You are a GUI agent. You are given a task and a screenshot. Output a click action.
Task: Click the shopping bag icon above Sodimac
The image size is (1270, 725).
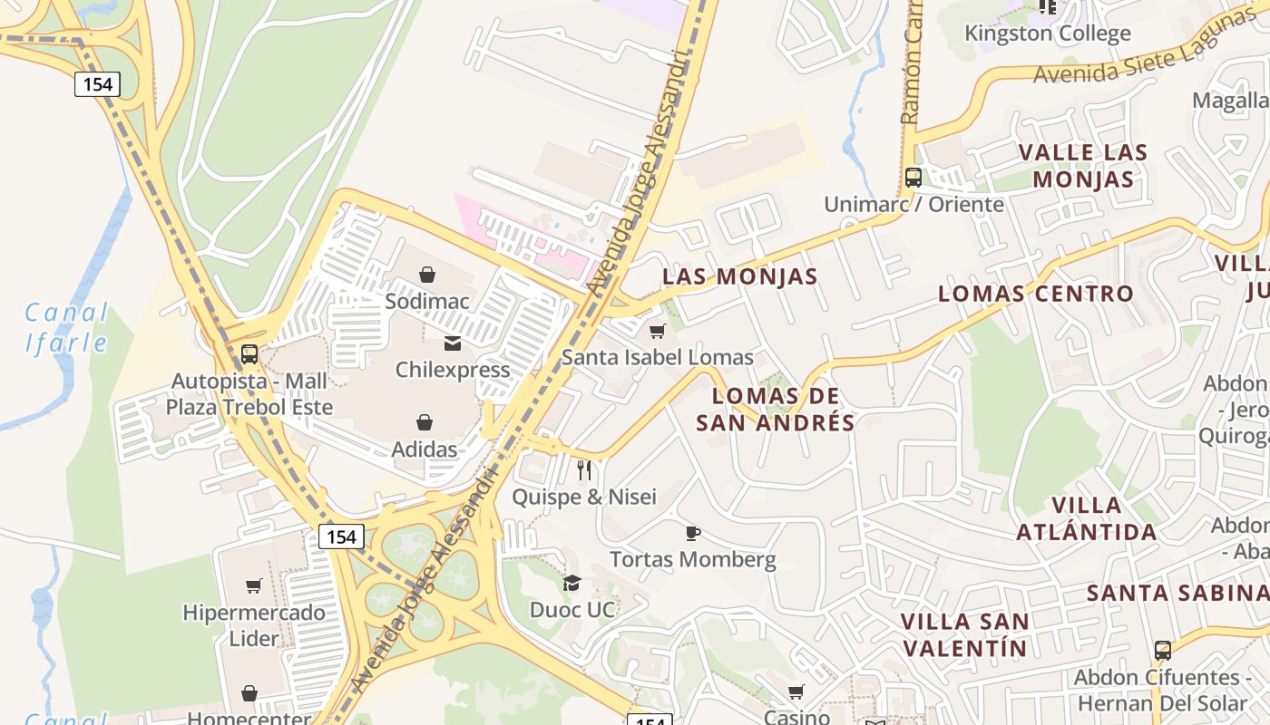pyautogui.click(x=427, y=274)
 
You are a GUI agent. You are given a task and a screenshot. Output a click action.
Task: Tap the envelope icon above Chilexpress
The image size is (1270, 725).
pyautogui.click(x=453, y=343)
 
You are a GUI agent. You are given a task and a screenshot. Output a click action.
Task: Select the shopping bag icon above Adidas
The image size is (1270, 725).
pyautogui.click(x=425, y=422)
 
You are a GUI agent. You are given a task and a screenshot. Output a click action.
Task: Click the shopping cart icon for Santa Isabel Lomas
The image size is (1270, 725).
pyautogui.click(x=658, y=331)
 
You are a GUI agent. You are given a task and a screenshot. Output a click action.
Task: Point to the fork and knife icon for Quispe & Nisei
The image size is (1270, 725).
pyautogui.click(x=584, y=470)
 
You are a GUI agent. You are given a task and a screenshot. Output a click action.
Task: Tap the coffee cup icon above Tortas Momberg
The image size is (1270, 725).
pyautogui.click(x=693, y=533)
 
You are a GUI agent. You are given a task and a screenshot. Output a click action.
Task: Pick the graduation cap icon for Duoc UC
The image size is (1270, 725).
pyautogui.click(x=571, y=583)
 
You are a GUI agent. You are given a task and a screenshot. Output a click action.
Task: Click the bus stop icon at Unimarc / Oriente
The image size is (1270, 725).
pyautogui.click(x=913, y=178)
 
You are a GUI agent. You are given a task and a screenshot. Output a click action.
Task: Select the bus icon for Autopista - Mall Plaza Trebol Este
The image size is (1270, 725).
pyautogui.click(x=249, y=354)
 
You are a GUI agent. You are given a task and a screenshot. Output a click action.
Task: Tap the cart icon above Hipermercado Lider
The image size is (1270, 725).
pyautogui.click(x=253, y=586)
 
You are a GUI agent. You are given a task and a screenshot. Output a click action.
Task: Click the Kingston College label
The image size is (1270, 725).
pyautogui.click(x=1047, y=34)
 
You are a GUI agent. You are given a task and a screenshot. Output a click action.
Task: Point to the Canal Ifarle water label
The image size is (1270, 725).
pyautogui.click(x=65, y=328)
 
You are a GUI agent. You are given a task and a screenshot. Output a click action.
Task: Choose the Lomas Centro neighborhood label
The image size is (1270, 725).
pyautogui.click(x=1035, y=294)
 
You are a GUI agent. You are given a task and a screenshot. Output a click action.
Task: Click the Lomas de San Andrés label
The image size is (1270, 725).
pyautogui.click(x=776, y=410)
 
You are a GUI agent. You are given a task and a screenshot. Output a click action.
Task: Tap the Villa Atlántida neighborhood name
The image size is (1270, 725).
pyautogui.click(x=1086, y=518)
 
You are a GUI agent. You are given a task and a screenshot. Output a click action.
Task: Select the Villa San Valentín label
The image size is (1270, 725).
pyautogui.click(x=965, y=634)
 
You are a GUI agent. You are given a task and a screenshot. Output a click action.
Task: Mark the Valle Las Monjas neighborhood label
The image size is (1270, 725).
pyautogui.click(x=1082, y=165)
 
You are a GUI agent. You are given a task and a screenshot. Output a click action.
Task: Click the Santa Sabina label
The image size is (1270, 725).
pyautogui.click(x=1177, y=593)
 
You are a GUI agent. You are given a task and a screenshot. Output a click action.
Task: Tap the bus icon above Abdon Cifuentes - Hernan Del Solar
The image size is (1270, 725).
pyautogui.click(x=1162, y=650)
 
